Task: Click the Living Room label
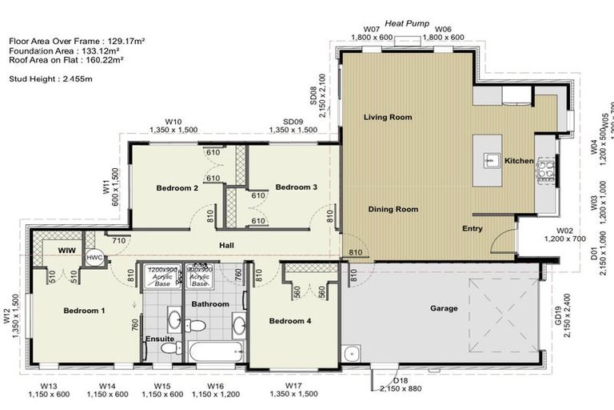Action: pos(388,118)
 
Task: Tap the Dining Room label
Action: pos(393,210)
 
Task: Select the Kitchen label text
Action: pos(519,161)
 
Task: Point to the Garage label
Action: pos(444,307)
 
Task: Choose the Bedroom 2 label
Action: pos(177,188)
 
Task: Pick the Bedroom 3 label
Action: pos(297,187)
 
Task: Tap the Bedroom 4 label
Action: pos(289,321)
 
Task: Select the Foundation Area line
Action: pos(65,50)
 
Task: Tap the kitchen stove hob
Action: pos(546,169)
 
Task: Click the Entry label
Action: pos(472,229)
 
